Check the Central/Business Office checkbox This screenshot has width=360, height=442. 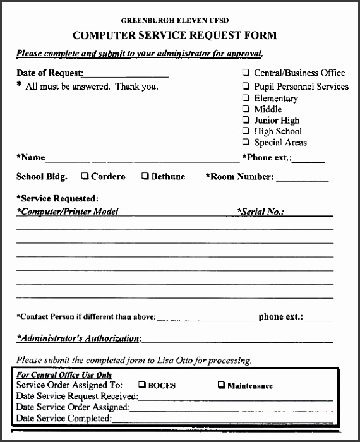(246, 73)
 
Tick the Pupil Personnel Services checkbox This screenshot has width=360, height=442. (246, 87)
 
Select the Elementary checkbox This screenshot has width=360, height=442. (246, 98)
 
